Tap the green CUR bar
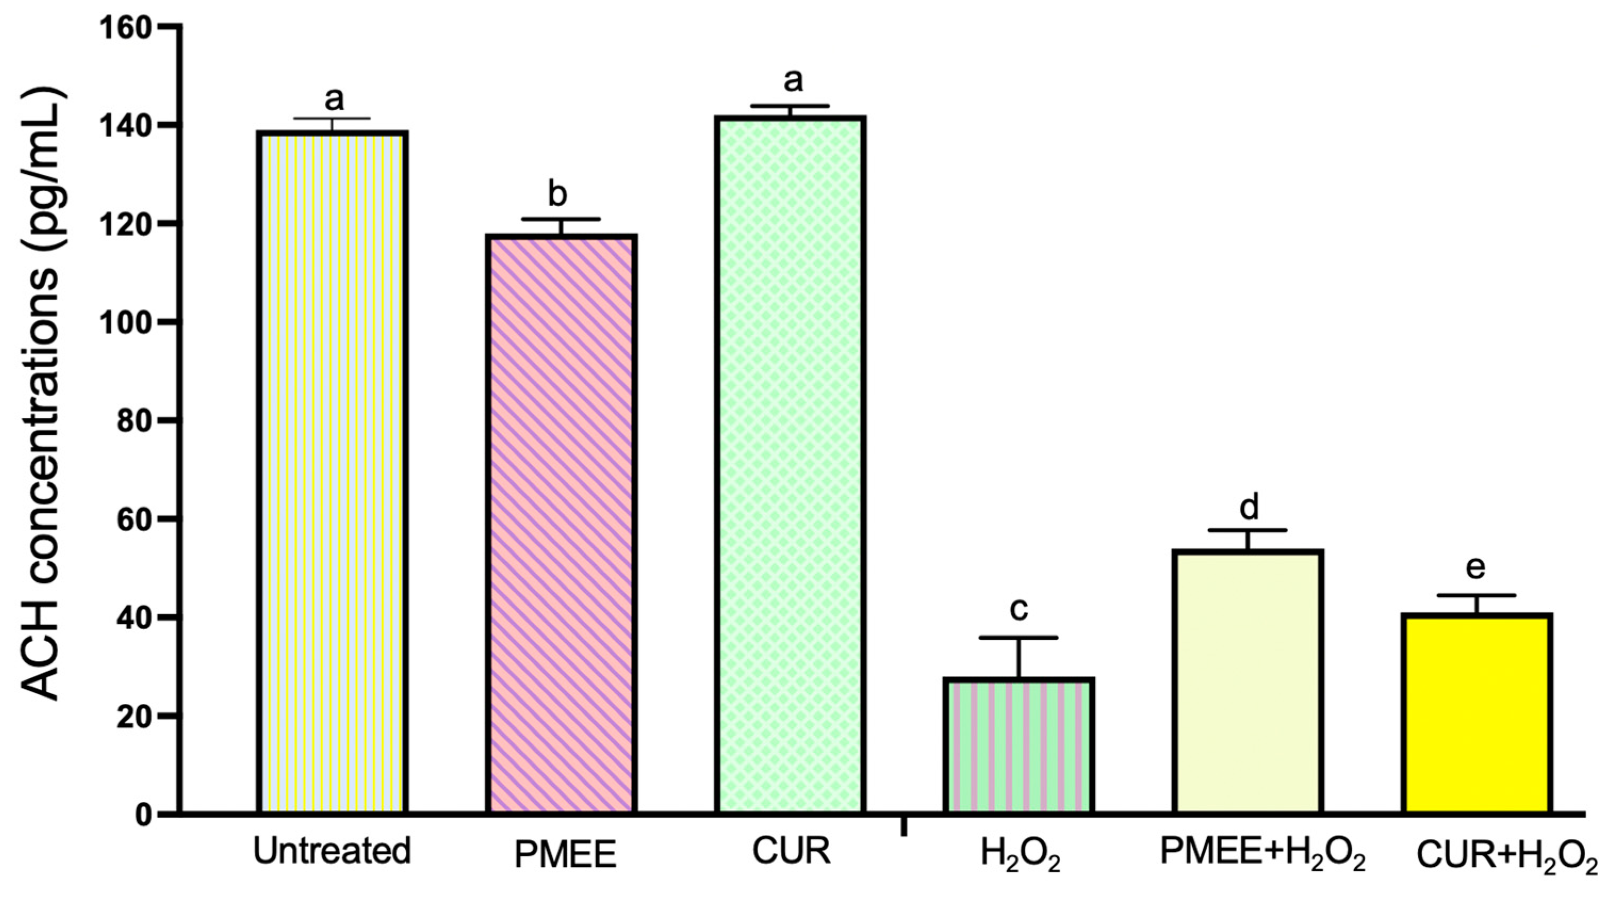click(x=790, y=464)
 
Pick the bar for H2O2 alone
click(x=1019, y=746)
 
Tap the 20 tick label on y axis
click(x=136, y=716)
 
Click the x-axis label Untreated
click(x=332, y=851)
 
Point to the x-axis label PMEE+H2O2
click(x=1263, y=853)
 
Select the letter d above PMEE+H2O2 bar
click(x=1249, y=507)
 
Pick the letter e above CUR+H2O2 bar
click(x=1476, y=567)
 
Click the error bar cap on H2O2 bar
click(x=1019, y=638)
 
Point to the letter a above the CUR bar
click(x=793, y=80)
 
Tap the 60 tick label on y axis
click(x=136, y=519)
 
